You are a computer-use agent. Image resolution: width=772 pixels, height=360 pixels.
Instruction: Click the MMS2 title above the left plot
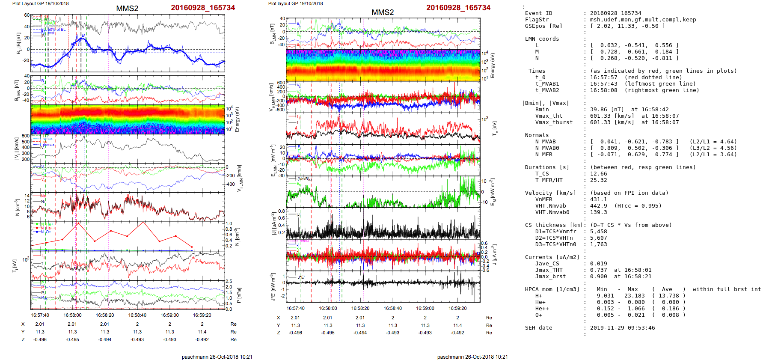tap(127, 9)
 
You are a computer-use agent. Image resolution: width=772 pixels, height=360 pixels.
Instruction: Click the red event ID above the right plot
tap(458, 8)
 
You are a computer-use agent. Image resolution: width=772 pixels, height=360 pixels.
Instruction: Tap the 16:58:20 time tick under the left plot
tap(105, 315)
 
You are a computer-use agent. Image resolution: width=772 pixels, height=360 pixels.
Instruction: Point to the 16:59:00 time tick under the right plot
tap(425, 308)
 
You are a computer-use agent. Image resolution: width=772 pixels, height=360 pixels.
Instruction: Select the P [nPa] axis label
tap(239, 295)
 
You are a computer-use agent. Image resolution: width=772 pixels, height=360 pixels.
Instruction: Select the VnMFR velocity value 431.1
tap(598, 199)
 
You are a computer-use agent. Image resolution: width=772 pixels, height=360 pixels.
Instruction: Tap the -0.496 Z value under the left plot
tap(40, 339)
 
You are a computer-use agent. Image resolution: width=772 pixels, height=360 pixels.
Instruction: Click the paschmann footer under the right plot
tap(472, 357)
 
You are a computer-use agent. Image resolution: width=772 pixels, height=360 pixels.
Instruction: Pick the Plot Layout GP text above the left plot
tap(41, 3)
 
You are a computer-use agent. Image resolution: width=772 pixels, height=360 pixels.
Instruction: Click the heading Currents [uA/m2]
tap(552, 257)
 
